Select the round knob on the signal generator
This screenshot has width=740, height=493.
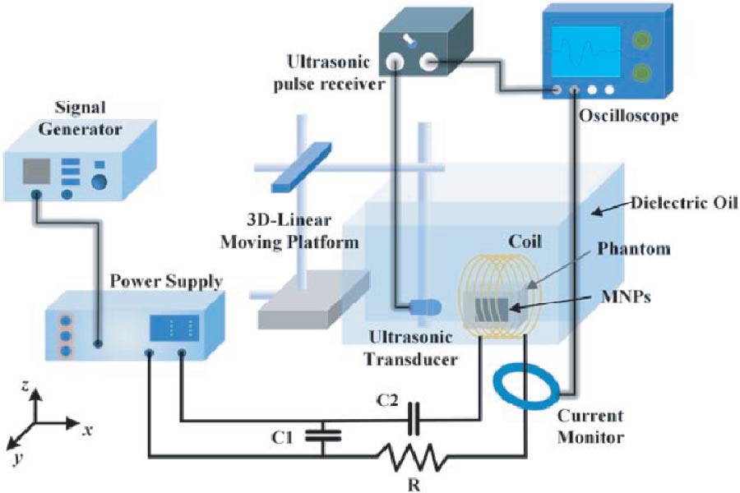(100, 181)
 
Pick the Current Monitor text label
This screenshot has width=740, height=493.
(589, 426)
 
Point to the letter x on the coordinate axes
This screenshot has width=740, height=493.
(87, 429)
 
